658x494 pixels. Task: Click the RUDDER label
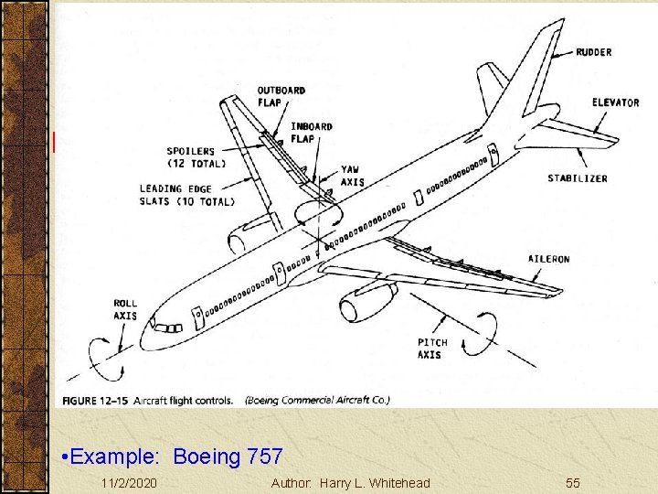(594, 53)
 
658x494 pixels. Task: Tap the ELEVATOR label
(615, 102)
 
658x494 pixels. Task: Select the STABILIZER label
(578, 178)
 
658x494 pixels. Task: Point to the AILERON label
(548, 259)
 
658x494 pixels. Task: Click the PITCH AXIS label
(432, 349)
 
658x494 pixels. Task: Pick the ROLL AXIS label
(125, 309)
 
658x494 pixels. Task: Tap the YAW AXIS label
(352, 176)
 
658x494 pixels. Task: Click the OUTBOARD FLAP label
(281, 96)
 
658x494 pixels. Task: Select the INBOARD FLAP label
(312, 133)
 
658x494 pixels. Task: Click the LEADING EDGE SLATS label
(186, 195)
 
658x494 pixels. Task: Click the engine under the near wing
(366, 302)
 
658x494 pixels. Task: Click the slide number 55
(573, 482)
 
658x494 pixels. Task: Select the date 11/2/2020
(129, 482)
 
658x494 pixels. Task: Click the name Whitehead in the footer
(398, 482)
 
